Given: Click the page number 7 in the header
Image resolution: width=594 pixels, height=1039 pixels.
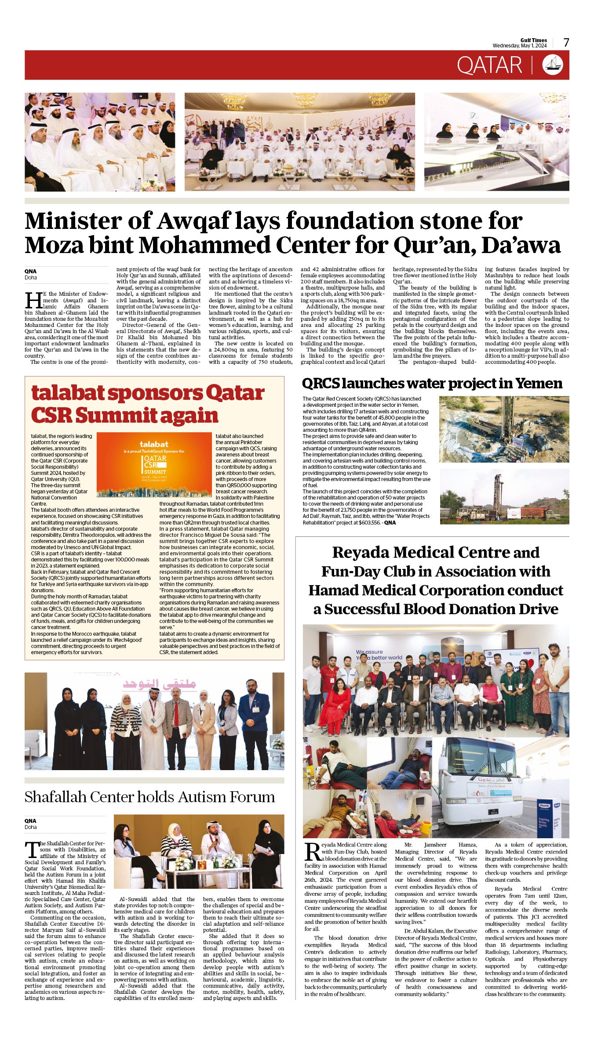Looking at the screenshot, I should click(x=566, y=43).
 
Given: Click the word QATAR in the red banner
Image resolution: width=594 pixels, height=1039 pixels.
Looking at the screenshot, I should click(x=489, y=65).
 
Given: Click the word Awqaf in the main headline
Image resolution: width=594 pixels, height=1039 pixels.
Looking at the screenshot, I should click(x=192, y=221).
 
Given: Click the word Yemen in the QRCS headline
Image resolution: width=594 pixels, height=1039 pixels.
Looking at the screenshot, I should click(x=539, y=384).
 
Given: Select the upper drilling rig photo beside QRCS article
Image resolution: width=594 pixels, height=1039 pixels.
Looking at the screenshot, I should click(x=504, y=429).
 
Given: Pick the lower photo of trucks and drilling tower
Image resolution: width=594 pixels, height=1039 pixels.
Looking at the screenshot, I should click(x=504, y=496).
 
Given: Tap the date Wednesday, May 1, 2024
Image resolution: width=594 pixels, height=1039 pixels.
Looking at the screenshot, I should click(x=519, y=46).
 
